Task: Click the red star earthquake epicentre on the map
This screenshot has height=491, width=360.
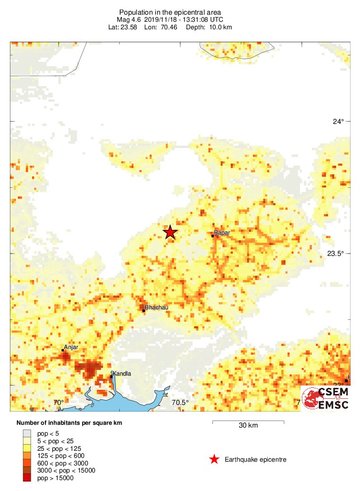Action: click(170, 232)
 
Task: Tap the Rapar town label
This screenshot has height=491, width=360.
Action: click(222, 233)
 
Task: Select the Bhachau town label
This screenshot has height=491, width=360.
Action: click(157, 307)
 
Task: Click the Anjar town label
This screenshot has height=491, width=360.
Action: click(71, 348)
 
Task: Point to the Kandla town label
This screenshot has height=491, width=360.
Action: click(122, 374)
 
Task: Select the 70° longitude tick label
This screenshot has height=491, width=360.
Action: click(59, 403)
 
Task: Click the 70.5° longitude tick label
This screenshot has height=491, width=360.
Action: click(180, 403)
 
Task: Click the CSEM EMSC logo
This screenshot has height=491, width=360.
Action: click(326, 398)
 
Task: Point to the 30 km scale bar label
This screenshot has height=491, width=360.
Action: click(248, 425)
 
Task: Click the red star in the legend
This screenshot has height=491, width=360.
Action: click(214, 459)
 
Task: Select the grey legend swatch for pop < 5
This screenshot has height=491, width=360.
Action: click(27, 433)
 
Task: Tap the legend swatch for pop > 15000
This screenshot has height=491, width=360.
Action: click(27, 478)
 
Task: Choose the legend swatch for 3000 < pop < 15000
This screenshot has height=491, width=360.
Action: click(27, 471)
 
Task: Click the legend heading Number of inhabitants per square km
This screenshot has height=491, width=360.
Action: click(70, 422)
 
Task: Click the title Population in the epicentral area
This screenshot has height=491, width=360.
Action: click(170, 12)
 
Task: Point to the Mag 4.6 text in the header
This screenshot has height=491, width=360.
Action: click(129, 20)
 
